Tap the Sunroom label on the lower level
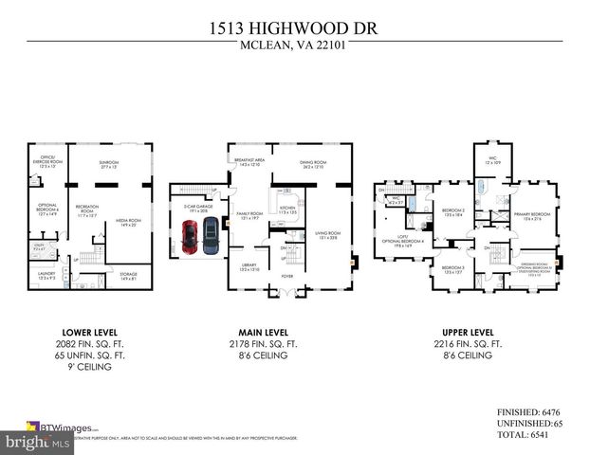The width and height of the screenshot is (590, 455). point(109,164)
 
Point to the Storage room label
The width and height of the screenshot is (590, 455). point(128,276)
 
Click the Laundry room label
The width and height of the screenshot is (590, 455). point(46,275)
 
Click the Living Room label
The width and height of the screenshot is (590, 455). point(327,234)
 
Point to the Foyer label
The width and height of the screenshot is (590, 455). point(287,277)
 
